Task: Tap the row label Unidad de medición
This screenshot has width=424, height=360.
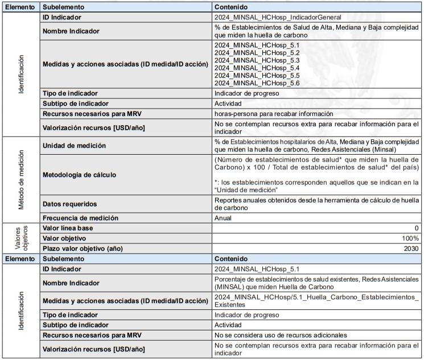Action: tap(75, 146)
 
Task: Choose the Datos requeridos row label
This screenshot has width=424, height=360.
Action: tap(70, 204)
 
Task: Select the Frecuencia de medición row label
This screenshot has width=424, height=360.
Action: tap(81, 218)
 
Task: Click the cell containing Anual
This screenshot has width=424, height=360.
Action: tap(223, 218)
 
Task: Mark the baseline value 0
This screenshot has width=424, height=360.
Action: tap(417, 228)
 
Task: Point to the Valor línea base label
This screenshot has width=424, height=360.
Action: tap(68, 228)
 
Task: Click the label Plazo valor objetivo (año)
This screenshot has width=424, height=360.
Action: tap(83, 249)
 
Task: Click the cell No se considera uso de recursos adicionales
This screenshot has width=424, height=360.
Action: tap(281, 335)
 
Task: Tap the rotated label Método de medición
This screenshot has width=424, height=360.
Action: tap(21, 180)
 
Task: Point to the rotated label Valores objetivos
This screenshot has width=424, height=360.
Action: tap(21, 238)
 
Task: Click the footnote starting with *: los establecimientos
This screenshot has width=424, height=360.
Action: tap(316, 185)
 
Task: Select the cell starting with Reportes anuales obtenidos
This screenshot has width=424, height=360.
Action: tap(316, 204)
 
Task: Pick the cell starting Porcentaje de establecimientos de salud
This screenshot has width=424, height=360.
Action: tap(316, 283)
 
